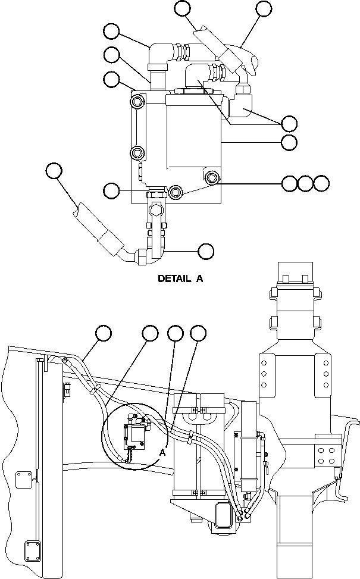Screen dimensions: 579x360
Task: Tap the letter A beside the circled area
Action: point(161,452)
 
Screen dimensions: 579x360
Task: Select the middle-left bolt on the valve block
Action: point(137,153)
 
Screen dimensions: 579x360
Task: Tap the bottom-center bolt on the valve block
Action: point(176,192)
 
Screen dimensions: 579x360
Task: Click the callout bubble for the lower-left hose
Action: point(54,171)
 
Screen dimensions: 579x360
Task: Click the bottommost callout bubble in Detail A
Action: point(206,251)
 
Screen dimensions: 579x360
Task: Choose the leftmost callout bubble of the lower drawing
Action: point(104,333)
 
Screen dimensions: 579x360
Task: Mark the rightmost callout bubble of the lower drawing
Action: point(197,333)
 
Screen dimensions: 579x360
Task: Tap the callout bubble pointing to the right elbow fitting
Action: point(289,123)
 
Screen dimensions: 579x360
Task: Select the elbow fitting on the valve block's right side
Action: point(243,102)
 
